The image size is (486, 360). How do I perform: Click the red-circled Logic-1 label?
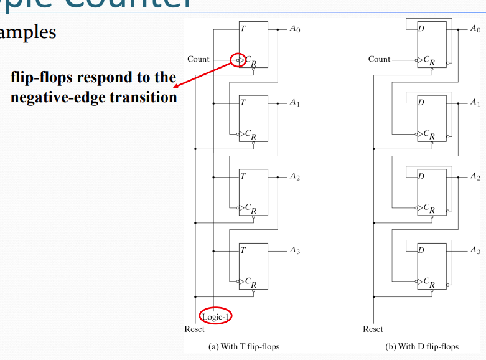[215, 316]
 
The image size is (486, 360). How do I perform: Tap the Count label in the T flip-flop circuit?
[198, 59]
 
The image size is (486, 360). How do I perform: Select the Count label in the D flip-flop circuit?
[379, 59]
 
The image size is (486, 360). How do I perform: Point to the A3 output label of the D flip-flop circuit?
[475, 250]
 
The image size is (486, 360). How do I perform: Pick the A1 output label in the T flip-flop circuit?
[294, 103]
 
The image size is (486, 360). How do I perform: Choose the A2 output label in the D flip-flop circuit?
[475, 176]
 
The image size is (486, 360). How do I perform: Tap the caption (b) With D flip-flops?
[423, 346]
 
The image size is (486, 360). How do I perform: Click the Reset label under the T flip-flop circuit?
[194, 329]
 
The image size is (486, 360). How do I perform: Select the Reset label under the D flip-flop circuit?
[373, 329]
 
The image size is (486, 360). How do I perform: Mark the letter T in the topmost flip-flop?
[243, 29]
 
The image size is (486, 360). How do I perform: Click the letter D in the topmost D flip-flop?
[421, 29]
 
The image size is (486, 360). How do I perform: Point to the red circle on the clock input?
[237, 60]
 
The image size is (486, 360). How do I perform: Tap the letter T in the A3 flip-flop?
[243, 250]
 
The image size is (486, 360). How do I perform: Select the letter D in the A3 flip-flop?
[421, 250]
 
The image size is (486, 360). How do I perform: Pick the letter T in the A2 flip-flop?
[243, 176]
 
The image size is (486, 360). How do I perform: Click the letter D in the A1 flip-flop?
[421, 103]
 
